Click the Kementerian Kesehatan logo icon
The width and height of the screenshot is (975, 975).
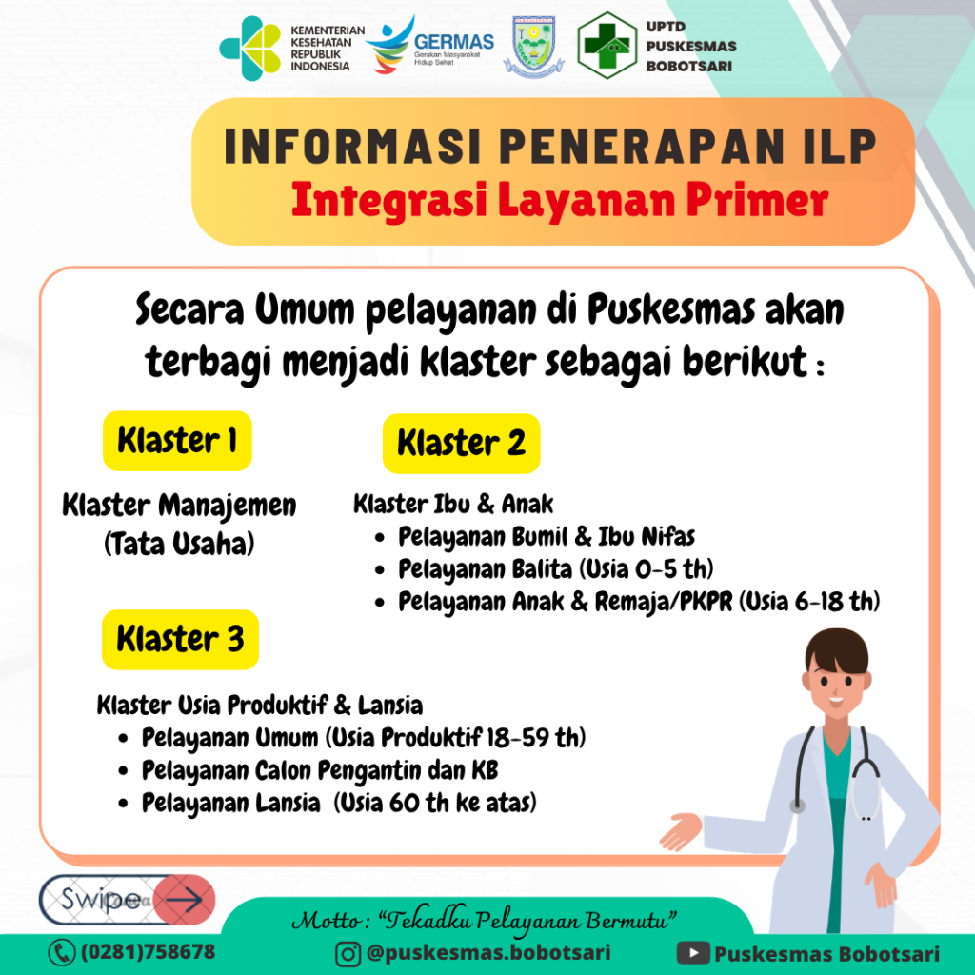(x=250, y=48)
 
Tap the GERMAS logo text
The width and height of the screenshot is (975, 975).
(x=454, y=42)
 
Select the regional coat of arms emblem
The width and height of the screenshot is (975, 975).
(x=533, y=48)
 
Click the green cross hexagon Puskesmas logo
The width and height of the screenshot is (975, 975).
(x=607, y=46)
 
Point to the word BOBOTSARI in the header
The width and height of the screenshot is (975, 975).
(x=689, y=66)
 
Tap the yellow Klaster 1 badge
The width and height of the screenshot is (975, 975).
(x=177, y=441)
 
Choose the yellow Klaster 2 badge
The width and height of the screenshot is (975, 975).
(x=462, y=444)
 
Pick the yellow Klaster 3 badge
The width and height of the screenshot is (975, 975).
(x=180, y=639)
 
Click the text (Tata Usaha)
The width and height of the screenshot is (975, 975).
(x=179, y=544)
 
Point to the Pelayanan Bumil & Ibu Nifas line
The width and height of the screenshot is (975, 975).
(x=535, y=537)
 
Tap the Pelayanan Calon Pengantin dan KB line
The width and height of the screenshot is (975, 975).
(x=308, y=770)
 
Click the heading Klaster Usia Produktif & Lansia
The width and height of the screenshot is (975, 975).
(x=260, y=706)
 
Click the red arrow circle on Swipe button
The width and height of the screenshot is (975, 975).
(x=184, y=899)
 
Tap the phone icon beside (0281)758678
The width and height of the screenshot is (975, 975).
(x=62, y=952)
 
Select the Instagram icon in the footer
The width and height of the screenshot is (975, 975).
(x=348, y=954)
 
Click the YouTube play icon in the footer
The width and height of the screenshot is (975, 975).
(x=693, y=953)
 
